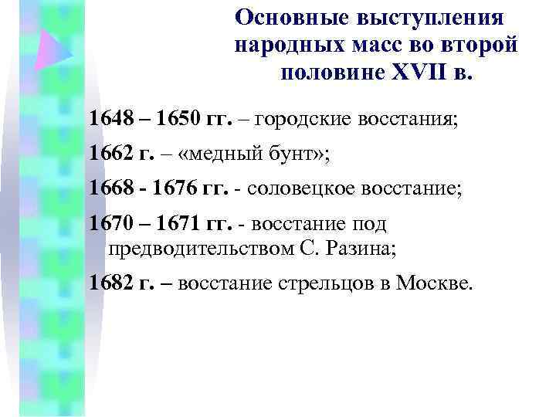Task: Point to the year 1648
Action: point(110,120)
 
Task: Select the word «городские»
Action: point(302,120)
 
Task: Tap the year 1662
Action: point(110,154)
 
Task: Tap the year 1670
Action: point(110,225)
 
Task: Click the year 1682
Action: point(110,283)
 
